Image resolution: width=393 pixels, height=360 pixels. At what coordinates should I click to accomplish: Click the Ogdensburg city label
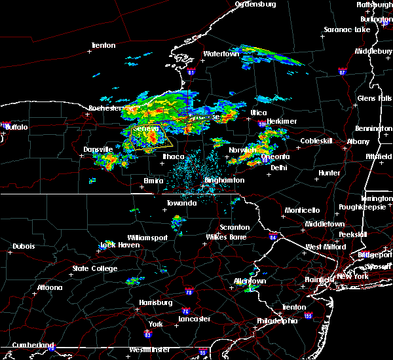click(255, 4)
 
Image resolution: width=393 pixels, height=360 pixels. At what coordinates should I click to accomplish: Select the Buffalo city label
click(16, 127)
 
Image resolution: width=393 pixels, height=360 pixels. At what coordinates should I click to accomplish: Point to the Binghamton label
click(224, 180)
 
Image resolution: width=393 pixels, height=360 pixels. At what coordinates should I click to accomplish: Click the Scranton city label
click(234, 227)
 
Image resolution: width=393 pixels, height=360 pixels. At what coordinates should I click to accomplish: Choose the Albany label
click(358, 141)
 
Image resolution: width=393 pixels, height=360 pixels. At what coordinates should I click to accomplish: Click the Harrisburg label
click(156, 302)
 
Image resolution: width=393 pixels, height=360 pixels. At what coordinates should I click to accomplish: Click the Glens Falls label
click(375, 98)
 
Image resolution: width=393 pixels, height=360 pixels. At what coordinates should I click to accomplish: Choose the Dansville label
click(98, 150)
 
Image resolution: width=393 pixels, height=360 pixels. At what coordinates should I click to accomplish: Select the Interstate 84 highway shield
click(273, 236)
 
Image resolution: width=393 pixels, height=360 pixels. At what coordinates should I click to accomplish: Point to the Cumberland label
click(28, 345)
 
